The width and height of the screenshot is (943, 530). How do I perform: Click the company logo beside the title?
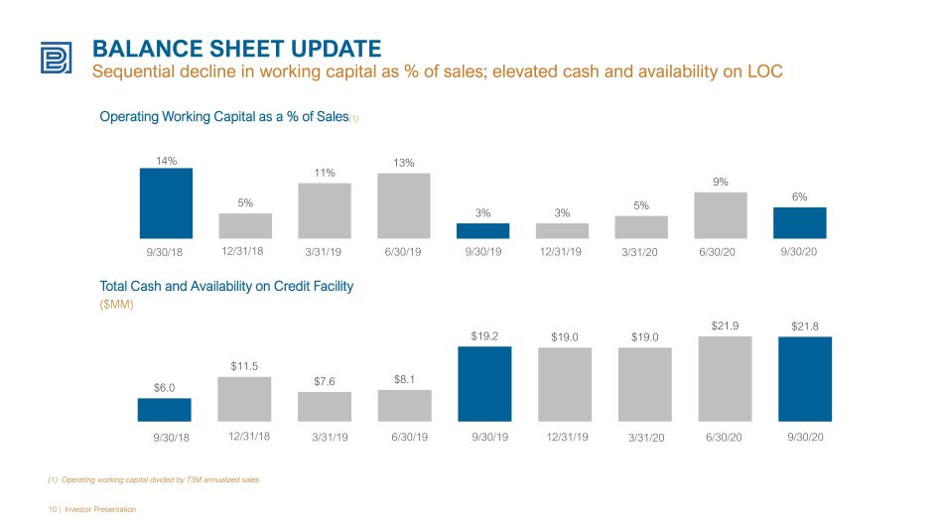[x=56, y=58]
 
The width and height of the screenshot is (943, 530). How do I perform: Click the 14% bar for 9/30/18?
[x=166, y=203]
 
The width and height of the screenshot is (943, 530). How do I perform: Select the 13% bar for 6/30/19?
[x=404, y=205]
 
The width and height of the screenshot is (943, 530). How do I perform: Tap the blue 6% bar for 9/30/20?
[x=799, y=223]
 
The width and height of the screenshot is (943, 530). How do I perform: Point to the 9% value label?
[x=721, y=182]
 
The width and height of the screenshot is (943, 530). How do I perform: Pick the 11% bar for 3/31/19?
[x=325, y=211]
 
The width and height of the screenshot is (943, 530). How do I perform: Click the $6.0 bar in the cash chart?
[x=164, y=410]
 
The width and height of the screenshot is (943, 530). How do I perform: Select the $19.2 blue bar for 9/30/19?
[x=484, y=384]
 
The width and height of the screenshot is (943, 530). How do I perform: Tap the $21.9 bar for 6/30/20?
[x=725, y=379]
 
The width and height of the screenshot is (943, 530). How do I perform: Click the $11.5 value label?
[x=244, y=366]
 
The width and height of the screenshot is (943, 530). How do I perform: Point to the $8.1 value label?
[x=404, y=379]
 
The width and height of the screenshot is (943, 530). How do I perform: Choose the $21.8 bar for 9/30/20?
[x=805, y=379]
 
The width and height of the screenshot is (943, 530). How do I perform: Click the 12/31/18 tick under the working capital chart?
[x=242, y=251]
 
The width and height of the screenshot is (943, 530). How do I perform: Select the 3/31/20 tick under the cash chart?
[x=646, y=438]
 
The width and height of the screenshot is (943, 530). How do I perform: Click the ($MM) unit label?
[x=116, y=305]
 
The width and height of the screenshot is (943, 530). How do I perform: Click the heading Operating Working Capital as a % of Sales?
[x=224, y=117]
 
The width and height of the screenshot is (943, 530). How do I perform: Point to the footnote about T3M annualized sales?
[x=153, y=480]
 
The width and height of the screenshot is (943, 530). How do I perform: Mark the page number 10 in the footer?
[x=53, y=509]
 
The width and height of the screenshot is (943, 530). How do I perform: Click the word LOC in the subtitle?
[x=765, y=71]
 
